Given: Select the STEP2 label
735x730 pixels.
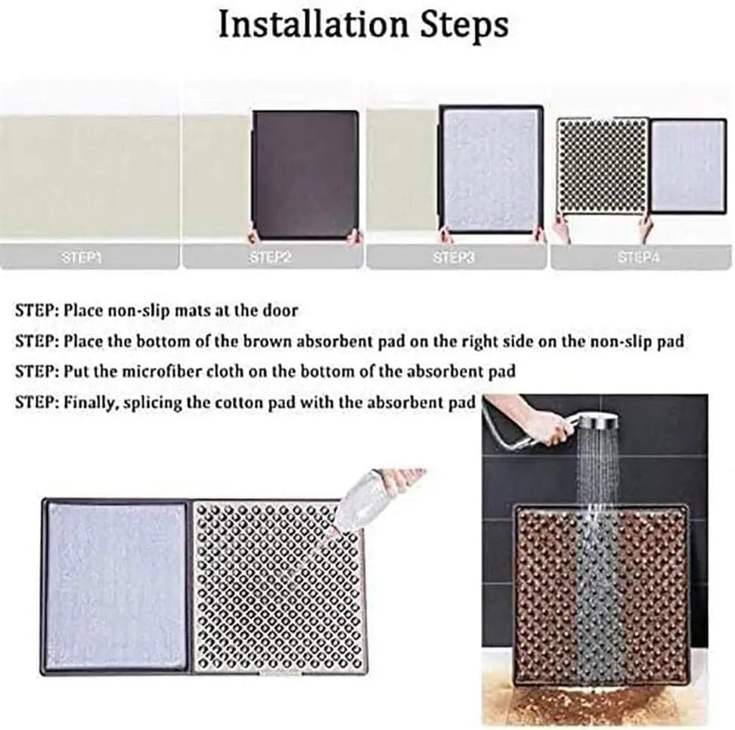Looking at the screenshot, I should click(x=270, y=258).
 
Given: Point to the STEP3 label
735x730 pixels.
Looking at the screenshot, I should click(x=454, y=258).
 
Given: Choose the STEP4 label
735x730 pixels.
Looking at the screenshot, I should click(x=640, y=258).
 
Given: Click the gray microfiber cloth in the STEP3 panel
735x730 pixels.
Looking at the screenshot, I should click(x=491, y=170).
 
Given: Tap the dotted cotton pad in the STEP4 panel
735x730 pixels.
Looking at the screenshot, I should click(x=602, y=165).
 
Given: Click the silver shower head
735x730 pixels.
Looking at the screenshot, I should click(x=591, y=420).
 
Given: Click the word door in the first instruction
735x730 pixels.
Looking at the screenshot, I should click(x=281, y=310).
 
